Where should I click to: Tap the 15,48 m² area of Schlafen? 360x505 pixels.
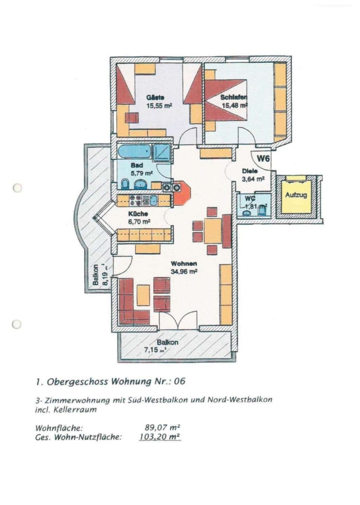[234, 105]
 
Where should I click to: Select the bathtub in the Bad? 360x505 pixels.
[134, 151]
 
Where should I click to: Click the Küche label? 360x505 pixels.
[138, 214]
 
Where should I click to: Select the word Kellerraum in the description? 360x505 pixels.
[71, 410]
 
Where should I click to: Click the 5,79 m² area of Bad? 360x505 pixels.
[138, 174]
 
